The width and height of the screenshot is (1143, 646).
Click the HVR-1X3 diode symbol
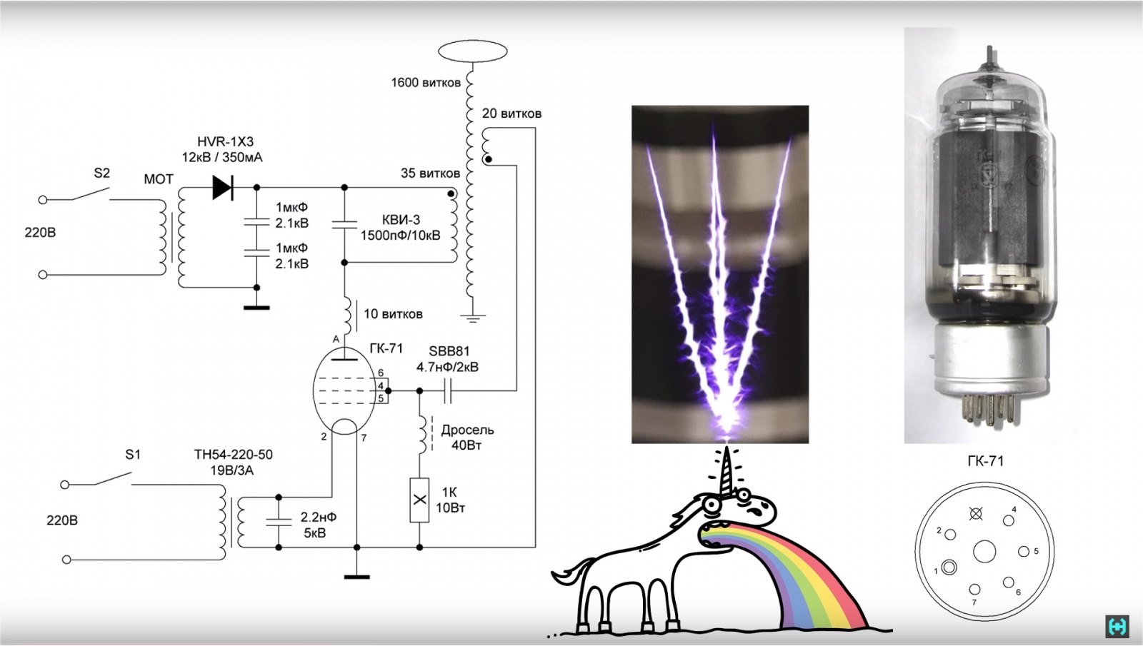[x=223, y=188]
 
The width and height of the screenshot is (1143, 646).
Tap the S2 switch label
[x=102, y=173]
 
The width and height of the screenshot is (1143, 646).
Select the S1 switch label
[x=133, y=455]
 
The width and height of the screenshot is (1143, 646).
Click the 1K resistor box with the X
[x=419, y=500]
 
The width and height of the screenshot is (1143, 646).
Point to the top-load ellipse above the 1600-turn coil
[x=472, y=51]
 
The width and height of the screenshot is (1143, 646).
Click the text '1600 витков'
[x=425, y=83]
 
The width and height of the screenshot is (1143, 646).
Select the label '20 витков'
[x=511, y=113]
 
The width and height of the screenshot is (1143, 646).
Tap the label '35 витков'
[x=430, y=173]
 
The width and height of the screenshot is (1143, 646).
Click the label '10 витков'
[x=393, y=314]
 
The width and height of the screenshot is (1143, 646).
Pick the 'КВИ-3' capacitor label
[x=401, y=220]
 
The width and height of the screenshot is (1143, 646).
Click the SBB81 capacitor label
[x=449, y=351]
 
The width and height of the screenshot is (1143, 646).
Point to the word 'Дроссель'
[x=467, y=430]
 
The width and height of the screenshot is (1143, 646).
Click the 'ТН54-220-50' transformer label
[x=233, y=455]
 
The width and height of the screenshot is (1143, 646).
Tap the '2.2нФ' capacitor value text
[x=318, y=517]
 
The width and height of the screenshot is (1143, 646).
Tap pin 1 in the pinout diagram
[x=949, y=567]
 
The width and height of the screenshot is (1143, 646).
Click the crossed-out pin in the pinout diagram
[x=975, y=513]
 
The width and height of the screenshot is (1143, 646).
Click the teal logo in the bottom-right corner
[x=1117, y=626]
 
